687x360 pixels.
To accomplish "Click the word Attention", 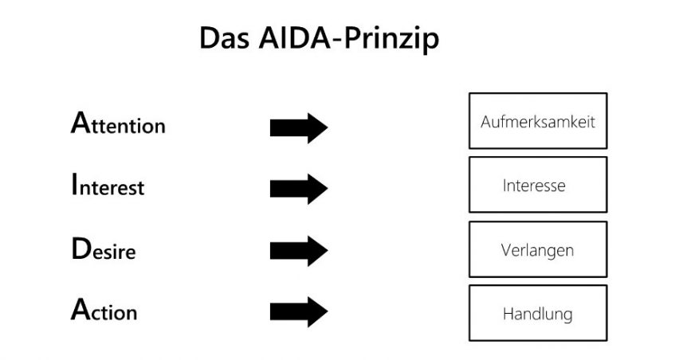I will coord(118,124).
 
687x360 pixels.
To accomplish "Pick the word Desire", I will coord(103,249).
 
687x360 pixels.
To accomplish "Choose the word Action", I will coord(104,311).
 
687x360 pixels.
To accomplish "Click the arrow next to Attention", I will coord(299,127).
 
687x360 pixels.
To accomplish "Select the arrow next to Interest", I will coord(299,189).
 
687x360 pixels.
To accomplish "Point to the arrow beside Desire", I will coord(299,251).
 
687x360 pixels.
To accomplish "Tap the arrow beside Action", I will coord(299,311).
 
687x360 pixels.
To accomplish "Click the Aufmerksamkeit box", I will coord(538,121).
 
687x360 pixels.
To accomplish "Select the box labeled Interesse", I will coord(538,185).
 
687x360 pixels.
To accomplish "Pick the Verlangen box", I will coord(538,249).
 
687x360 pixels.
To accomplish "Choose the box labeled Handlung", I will coord(538,313).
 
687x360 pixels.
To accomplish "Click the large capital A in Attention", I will coord(79,123).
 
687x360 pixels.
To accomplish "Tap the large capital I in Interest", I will coord(74,185).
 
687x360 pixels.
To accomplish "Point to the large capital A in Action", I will coord(79,309).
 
